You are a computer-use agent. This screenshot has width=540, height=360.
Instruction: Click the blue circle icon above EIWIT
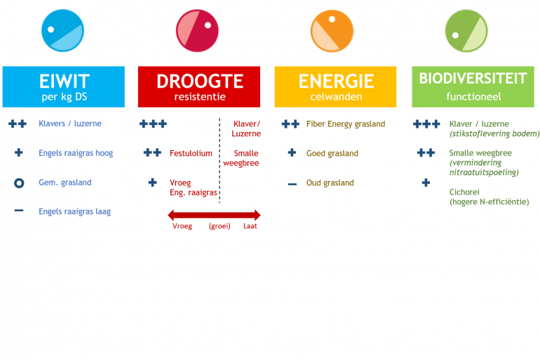[62, 31]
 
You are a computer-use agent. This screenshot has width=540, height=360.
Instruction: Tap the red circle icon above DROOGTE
[197, 31]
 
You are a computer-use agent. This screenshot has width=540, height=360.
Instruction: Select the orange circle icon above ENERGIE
[332, 31]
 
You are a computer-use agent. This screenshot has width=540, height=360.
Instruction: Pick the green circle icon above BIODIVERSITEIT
[466, 31]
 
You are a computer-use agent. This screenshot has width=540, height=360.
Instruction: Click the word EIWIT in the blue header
[65, 81]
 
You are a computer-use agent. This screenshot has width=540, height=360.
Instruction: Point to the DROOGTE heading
[200, 81]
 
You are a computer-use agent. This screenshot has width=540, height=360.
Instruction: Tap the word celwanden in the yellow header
[336, 97]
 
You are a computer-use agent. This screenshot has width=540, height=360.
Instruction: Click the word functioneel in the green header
[473, 97]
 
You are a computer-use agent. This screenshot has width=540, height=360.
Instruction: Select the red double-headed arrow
[214, 215]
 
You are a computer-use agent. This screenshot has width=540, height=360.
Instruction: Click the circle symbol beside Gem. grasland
[19, 183]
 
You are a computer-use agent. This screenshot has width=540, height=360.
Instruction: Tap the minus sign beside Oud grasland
[292, 184]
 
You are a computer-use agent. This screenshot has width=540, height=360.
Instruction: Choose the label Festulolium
[191, 153]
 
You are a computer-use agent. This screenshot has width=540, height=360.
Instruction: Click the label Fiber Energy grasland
[346, 124]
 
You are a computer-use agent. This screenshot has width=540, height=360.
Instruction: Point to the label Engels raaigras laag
[75, 211]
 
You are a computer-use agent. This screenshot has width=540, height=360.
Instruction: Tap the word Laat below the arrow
[250, 226]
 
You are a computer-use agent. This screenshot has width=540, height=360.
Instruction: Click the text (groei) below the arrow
[220, 227]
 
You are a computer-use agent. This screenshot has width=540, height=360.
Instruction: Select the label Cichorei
[464, 192]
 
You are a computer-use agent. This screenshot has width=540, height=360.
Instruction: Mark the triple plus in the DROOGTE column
[154, 124]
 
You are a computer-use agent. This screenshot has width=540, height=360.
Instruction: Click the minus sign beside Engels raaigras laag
[19, 211]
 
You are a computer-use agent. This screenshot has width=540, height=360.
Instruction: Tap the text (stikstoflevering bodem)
[494, 133]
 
